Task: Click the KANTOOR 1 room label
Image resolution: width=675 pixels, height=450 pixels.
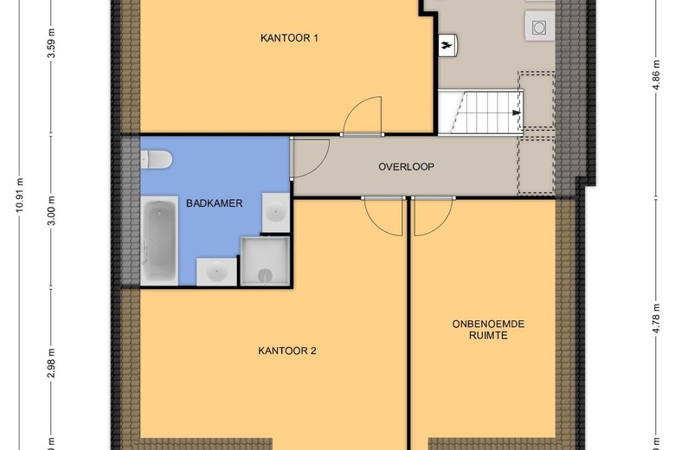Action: pos(289,37)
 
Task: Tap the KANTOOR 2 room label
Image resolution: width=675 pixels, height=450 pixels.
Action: pos(287,350)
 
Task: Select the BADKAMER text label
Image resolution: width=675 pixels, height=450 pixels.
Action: pos(214,203)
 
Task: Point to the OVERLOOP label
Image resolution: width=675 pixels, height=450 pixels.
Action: pos(406,167)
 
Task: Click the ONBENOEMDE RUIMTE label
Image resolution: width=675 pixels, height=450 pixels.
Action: pos(488,330)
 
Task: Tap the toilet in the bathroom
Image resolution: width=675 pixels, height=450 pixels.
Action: pos(157,159)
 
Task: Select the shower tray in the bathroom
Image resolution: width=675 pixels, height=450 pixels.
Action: pos(267,261)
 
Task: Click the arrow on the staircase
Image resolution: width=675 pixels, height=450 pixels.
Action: pos(517,112)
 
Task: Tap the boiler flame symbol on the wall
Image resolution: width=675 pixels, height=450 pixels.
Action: pos(448,42)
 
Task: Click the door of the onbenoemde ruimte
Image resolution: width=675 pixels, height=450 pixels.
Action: pos(432,216)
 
